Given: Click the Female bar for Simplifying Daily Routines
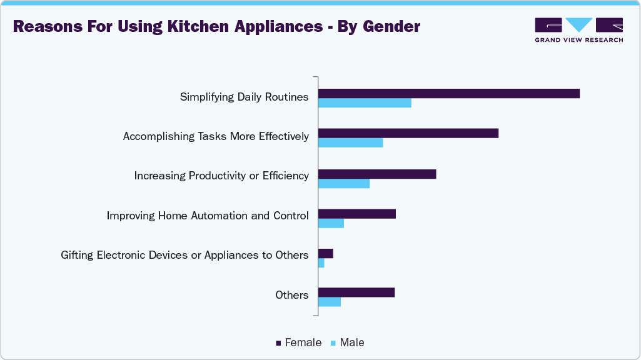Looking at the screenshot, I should click(x=449, y=94).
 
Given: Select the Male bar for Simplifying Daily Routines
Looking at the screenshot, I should click(x=365, y=103).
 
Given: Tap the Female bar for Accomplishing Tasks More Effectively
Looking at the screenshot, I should click(x=408, y=133).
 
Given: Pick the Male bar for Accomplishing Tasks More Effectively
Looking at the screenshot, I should click(x=350, y=143).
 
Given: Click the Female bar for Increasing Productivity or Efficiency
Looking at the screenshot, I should click(x=377, y=174).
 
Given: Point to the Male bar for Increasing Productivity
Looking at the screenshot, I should click(x=344, y=183).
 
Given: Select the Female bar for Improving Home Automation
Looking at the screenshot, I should click(x=357, y=214).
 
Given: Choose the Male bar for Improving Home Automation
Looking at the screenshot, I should click(x=331, y=223).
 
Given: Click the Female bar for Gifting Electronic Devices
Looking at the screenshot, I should click(x=326, y=254).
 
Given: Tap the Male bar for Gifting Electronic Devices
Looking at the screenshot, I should click(x=321, y=263).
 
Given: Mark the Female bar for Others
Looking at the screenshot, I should click(x=356, y=292).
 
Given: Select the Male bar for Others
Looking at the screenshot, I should click(x=330, y=302).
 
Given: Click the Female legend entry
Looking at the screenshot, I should click(x=299, y=342).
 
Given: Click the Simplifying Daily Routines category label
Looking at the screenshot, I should click(x=245, y=97).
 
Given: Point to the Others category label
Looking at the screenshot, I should click(x=292, y=295).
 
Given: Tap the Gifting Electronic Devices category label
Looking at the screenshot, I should click(x=184, y=255).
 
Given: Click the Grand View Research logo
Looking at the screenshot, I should click(x=578, y=29).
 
